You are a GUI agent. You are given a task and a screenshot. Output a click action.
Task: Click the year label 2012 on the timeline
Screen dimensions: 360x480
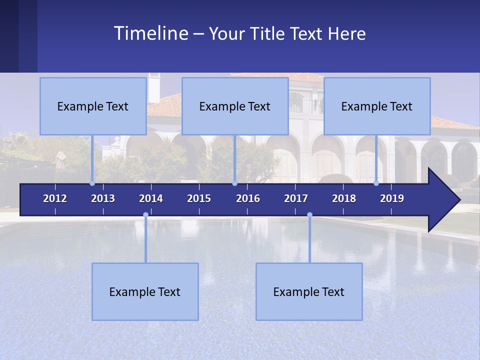55,198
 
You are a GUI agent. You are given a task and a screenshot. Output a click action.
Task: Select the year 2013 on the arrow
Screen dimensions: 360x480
103,198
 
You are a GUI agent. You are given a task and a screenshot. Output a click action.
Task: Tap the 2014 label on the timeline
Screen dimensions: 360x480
151,198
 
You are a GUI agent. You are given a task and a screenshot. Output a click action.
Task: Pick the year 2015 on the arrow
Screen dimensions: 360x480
199,198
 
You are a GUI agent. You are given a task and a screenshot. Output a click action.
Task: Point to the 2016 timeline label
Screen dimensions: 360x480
248,198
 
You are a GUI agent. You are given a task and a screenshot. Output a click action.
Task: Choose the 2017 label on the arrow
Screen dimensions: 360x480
296,198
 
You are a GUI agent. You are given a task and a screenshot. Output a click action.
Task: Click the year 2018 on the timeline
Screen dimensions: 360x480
344,198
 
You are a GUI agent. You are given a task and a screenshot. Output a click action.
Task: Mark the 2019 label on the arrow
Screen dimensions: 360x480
392,198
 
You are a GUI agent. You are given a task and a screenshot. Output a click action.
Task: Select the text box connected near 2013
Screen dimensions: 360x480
93,106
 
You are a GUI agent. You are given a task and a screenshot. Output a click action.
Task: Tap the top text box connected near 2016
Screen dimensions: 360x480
235,106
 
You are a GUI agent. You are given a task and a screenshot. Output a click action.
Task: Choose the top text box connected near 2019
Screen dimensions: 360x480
377,106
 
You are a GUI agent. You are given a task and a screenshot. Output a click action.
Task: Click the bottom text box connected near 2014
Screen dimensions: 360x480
145,291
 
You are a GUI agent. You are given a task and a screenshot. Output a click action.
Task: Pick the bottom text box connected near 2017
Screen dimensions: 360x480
309,291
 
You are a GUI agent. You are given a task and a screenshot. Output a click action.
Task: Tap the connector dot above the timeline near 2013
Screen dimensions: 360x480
92,183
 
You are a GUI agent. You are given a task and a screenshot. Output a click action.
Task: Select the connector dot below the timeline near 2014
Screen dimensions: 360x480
145,214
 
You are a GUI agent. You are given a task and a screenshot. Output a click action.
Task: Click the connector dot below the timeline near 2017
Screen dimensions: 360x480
309,214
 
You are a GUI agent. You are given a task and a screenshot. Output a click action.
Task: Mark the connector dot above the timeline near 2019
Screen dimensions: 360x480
376,183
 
